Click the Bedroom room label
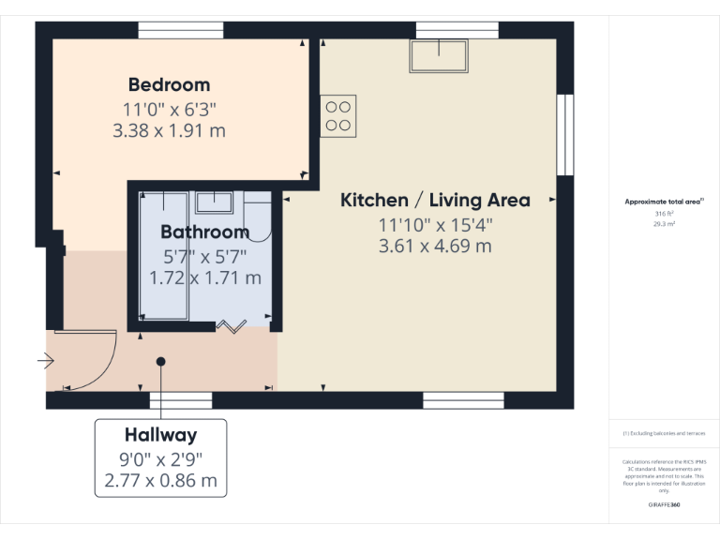pos(169,85)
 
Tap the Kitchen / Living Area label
pos(434,200)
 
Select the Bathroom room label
pos(204,232)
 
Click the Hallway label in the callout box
pos(161,435)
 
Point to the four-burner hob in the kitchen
pos(337,115)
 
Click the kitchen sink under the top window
pos(438,56)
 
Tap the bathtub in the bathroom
pos(163,256)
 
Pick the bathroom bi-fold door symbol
pos(231,326)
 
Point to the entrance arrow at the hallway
pos(46,360)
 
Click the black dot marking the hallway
pos(161,361)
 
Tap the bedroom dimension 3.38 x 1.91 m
pos(169,130)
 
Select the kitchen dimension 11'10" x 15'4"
pos(434,225)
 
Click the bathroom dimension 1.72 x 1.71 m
pos(204,277)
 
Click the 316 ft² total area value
pos(664,214)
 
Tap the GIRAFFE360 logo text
pos(664,505)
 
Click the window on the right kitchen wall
pos(564,135)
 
